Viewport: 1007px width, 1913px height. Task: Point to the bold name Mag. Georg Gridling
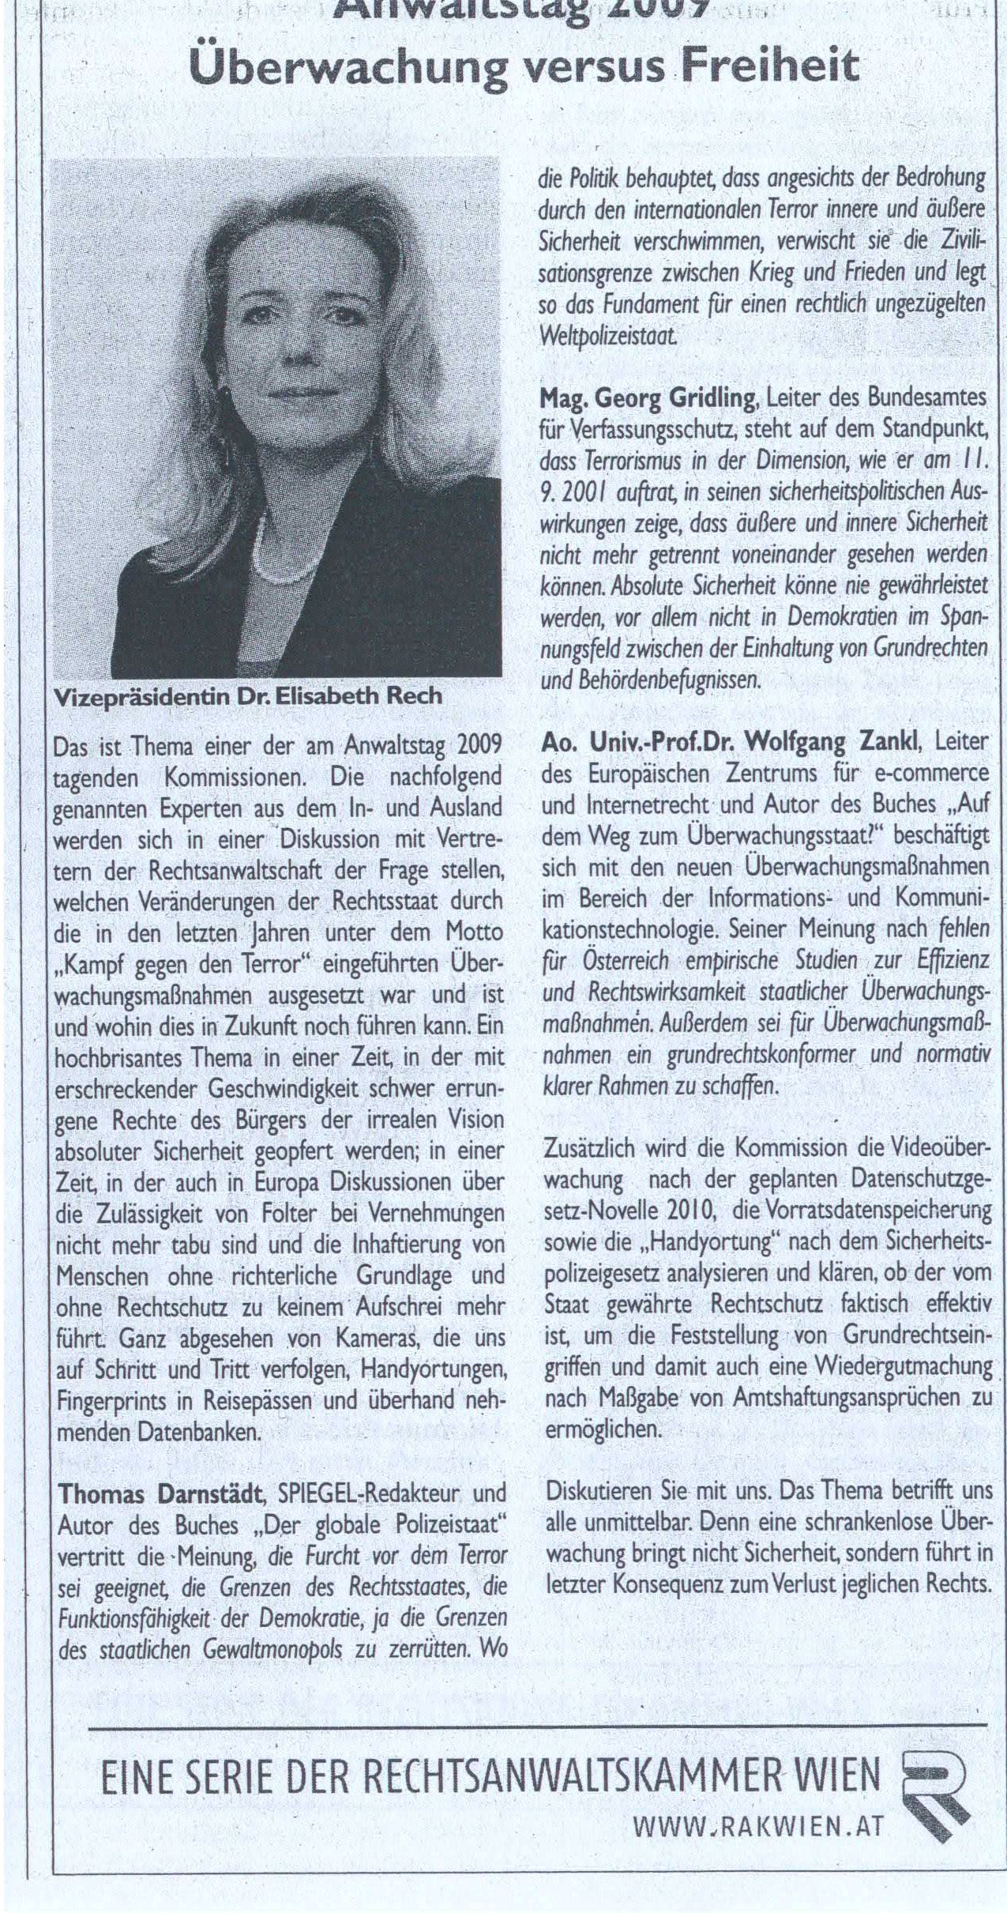pos(647,399)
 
